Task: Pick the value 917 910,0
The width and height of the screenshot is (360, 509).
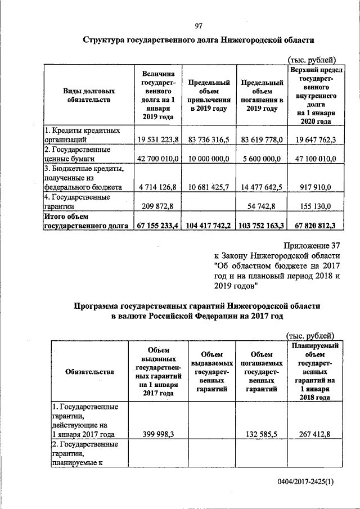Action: (x=315, y=187)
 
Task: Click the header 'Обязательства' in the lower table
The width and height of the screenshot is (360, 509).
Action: (x=89, y=371)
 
